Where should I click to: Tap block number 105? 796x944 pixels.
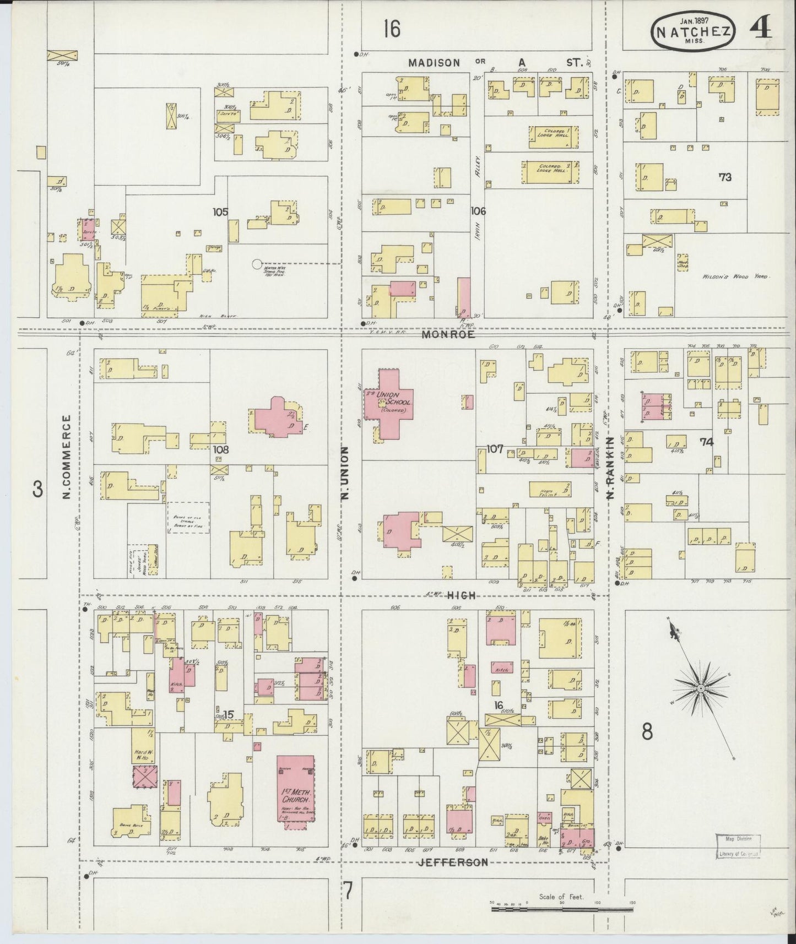(x=221, y=211)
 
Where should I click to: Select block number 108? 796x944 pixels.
(x=221, y=449)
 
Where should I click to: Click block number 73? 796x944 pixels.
(x=725, y=177)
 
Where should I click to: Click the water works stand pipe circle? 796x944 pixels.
(x=256, y=264)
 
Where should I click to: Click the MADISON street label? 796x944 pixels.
(x=434, y=63)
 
